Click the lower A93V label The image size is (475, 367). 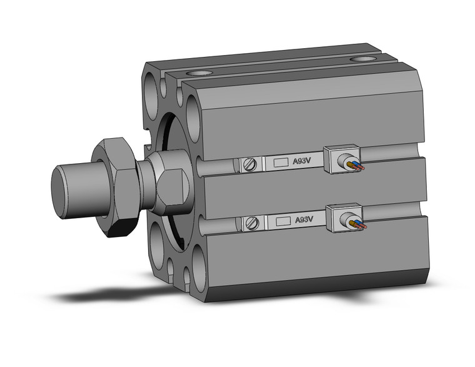click(x=304, y=219)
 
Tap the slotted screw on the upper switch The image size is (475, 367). click(x=249, y=164)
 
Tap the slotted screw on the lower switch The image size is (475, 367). click(x=252, y=223)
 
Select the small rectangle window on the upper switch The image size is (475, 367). click(x=281, y=163)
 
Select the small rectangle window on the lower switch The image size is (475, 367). click(x=284, y=221)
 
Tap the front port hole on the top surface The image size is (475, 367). click(x=199, y=74)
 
